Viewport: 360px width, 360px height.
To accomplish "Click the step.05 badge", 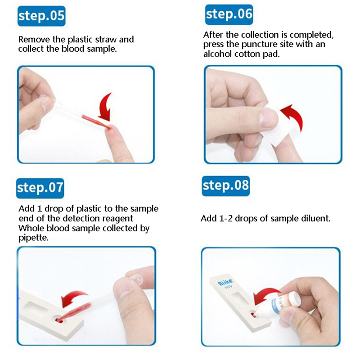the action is (41, 16).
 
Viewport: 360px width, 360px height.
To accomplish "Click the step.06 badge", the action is (229, 14).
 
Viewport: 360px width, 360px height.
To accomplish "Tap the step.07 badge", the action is (40, 188).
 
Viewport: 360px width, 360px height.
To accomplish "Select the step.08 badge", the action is (226, 186).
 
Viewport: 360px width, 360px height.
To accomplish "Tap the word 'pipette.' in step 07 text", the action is (33, 238).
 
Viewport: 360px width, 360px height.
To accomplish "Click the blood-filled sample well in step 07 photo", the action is (59, 319).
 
